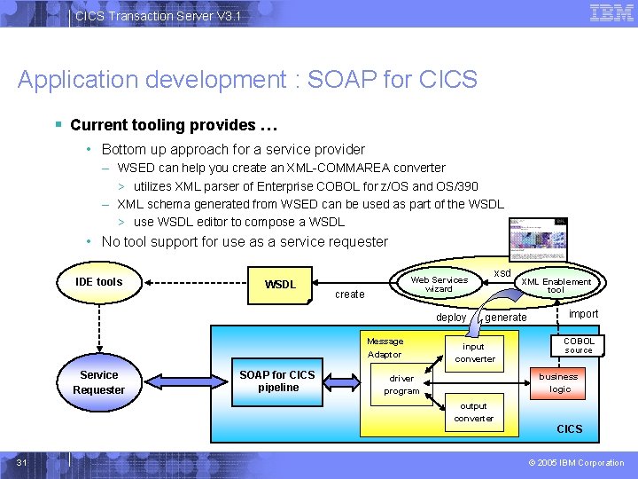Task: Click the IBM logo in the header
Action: coord(611,13)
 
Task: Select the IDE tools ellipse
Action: coord(99,282)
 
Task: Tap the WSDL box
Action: coord(281,285)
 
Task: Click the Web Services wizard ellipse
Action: coord(439,284)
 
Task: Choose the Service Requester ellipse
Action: coord(99,382)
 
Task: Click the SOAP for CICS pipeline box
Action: coord(277,381)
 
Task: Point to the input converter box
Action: coord(475,353)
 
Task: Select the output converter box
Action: coord(474,412)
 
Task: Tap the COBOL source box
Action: coord(579,346)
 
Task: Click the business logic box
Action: coord(558,382)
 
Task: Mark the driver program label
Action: coord(401,385)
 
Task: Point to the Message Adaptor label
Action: coord(385,348)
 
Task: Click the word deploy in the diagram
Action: coord(451,318)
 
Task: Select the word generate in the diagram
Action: coord(506,318)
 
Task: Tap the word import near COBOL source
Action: coord(583,314)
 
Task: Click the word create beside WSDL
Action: coord(349,294)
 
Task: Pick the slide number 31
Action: coord(24,462)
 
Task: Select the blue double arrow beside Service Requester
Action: coord(181,382)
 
